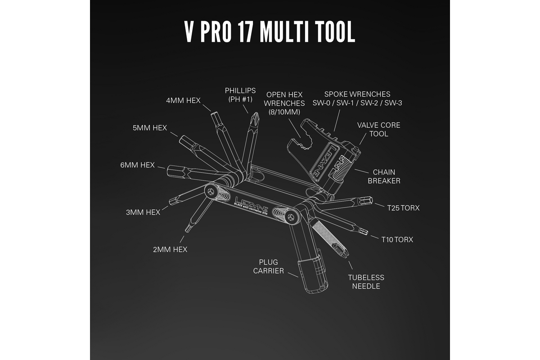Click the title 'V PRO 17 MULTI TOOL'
[270, 32]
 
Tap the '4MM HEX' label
[183, 100]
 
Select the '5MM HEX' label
[150, 127]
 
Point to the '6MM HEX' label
[137, 165]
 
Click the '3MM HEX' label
[143, 212]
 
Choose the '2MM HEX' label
[170, 249]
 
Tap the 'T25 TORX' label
[403, 208]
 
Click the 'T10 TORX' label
[397, 239]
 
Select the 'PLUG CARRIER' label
[268, 266]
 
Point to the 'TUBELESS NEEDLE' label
[366, 282]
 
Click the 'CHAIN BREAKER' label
[384, 176]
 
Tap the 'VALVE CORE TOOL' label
[378, 130]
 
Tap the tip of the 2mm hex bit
[187, 229]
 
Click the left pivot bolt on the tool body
[211, 191]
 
